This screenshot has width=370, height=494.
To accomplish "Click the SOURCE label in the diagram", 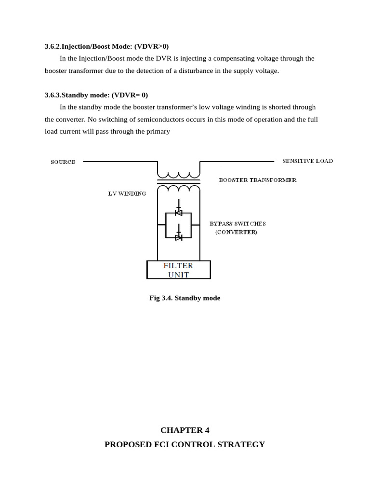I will pos(63,162).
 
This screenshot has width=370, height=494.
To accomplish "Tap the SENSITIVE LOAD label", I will pos(307,161).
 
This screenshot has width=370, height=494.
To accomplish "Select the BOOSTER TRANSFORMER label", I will pos(257,180).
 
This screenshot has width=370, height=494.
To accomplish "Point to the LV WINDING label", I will pos(127,193).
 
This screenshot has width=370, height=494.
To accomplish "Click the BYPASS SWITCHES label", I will pos(238,224).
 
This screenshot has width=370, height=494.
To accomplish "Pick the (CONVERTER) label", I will pos(236,232).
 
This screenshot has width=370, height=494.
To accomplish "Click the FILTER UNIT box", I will pos(178,270).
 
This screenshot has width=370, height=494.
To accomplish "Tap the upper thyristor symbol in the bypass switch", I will pos(178,212).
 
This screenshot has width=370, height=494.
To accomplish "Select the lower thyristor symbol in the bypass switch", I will pos(178,237).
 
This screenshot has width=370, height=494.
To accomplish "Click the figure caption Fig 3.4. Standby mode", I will pos(185,298).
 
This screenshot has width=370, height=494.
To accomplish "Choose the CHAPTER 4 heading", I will pos(185,430).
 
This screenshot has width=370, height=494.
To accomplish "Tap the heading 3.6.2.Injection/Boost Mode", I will pos(106,46).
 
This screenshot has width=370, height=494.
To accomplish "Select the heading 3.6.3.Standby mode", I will pos(96,95).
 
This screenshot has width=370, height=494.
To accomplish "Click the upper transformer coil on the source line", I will pos(178,175).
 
